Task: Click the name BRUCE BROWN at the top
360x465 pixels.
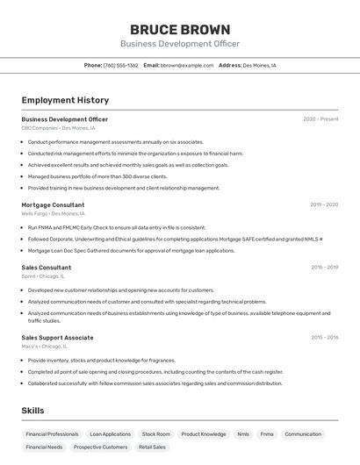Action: pyautogui.click(x=180, y=29)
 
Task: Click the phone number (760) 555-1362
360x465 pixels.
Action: pyautogui.click(x=120, y=65)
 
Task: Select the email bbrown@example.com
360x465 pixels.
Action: pyautogui.click(x=186, y=65)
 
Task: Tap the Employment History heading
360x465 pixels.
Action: pyautogui.click(x=65, y=100)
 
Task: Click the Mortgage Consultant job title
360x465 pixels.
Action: pyautogui.click(x=53, y=204)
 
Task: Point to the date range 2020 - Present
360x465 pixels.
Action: pyautogui.click(x=320, y=119)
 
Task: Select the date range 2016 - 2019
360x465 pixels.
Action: pyautogui.click(x=324, y=268)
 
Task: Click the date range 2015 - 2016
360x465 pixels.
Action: pyautogui.click(x=324, y=338)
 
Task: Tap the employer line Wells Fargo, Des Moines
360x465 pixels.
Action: pyautogui.click(x=53, y=213)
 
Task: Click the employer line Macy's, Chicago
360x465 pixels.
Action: pyautogui.click(x=45, y=347)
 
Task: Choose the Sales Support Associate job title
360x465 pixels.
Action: pyautogui.click(x=57, y=338)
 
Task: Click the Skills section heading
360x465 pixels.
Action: pyautogui.click(x=32, y=410)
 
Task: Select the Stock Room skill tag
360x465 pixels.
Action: pyautogui.click(x=156, y=434)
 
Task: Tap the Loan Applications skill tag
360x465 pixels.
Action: pyautogui.click(x=110, y=434)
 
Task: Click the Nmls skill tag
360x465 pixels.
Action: pyautogui.click(x=243, y=434)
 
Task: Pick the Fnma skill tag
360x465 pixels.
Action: pyautogui.click(x=267, y=434)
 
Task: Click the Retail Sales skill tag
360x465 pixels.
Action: pyautogui.click(x=152, y=447)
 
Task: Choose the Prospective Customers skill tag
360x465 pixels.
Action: pyautogui.click(x=100, y=447)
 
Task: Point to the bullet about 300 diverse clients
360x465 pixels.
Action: pyautogui.click(x=97, y=176)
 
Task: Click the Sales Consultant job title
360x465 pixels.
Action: pyautogui.click(x=47, y=268)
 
